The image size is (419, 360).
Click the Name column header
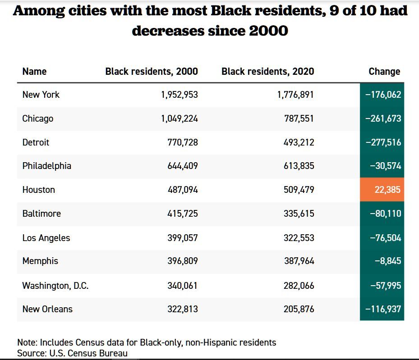(34, 71)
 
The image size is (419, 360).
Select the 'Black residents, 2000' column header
(152, 71)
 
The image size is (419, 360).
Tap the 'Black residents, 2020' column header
(268, 71)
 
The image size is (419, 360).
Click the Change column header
(384, 71)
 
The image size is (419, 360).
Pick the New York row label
(41, 95)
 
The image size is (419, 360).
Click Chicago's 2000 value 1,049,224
(180, 118)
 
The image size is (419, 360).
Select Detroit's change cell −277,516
(383, 142)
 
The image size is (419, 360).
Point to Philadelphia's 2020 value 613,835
(299, 166)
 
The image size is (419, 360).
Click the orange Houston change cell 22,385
(387, 190)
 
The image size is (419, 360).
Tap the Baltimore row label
(41, 214)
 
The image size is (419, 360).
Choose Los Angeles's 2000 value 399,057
(182, 237)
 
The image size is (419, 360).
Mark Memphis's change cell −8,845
(388, 261)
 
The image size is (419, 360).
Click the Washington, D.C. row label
(55, 285)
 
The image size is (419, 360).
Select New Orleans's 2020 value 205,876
(299, 309)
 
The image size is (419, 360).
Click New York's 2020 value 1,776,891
(295, 95)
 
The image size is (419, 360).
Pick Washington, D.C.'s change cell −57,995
(385, 285)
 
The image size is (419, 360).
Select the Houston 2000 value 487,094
(182, 190)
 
